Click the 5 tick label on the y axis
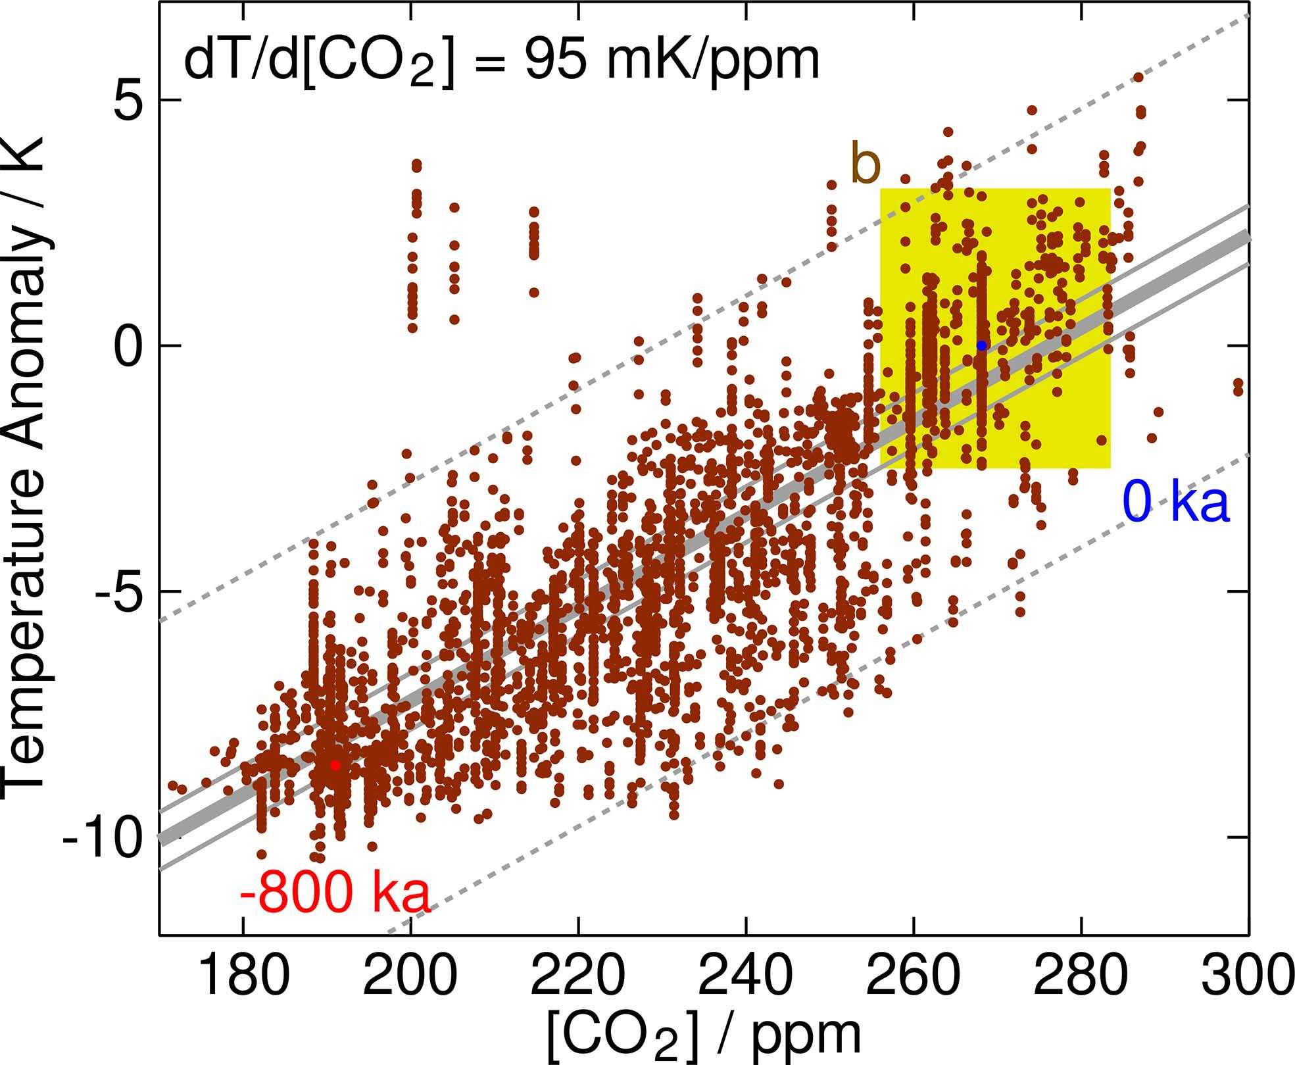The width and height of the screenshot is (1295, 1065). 130,101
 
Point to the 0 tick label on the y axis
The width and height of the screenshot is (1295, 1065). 130,346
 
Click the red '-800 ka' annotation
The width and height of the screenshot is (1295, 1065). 335,895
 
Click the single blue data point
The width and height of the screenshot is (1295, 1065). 981,345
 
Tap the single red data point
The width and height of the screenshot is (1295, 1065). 335,765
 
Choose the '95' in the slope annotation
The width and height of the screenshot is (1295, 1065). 558,62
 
